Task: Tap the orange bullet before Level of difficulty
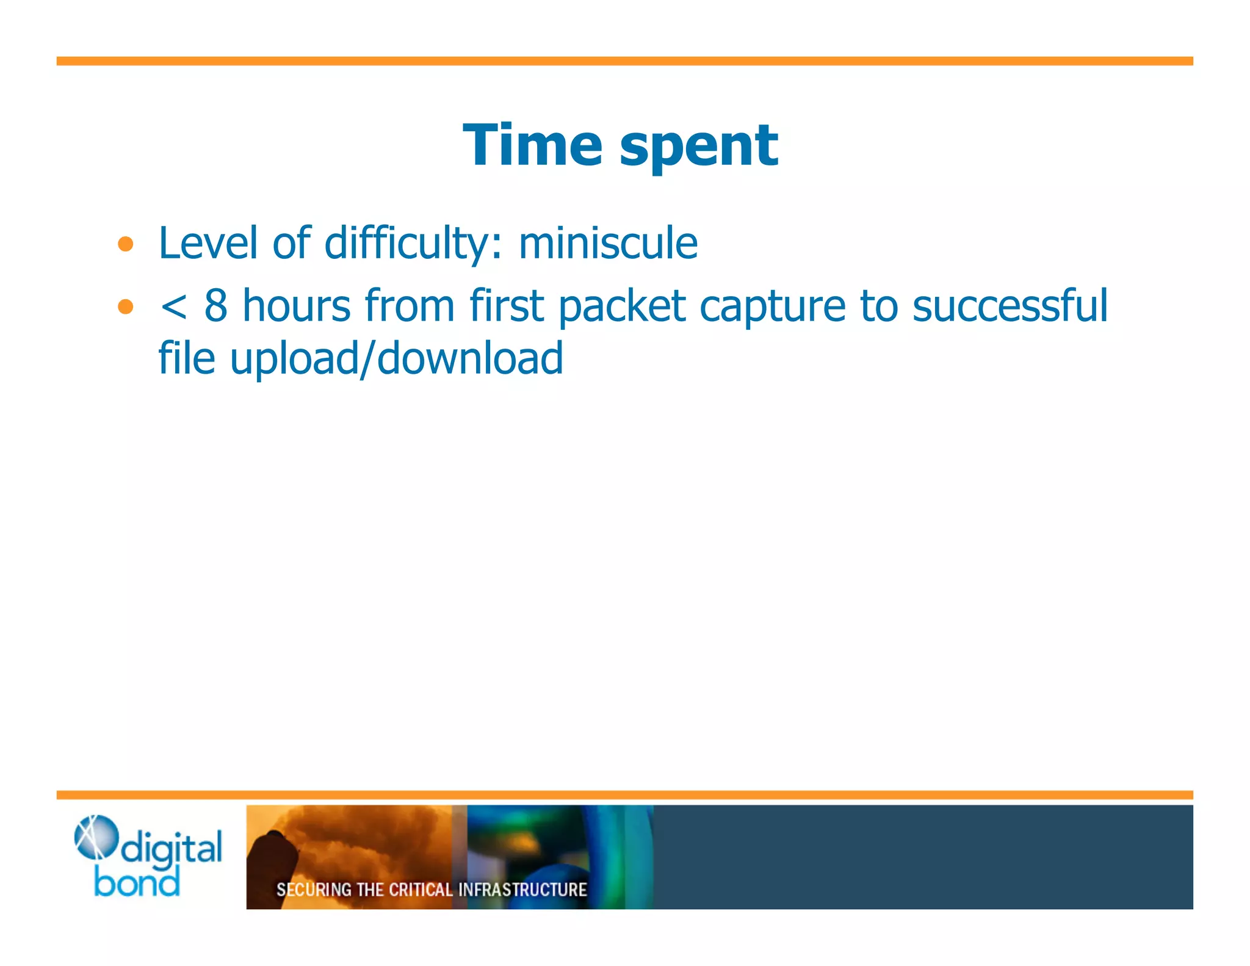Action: point(126,244)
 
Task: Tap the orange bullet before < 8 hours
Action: point(126,306)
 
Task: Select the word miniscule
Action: point(608,243)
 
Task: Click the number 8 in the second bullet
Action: point(216,305)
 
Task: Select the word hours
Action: point(297,305)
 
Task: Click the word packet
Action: point(621,306)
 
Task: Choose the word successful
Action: point(1010,305)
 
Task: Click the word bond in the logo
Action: point(137,883)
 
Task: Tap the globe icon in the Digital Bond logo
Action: point(95,837)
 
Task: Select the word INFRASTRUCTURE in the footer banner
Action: point(522,890)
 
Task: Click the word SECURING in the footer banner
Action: point(314,890)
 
